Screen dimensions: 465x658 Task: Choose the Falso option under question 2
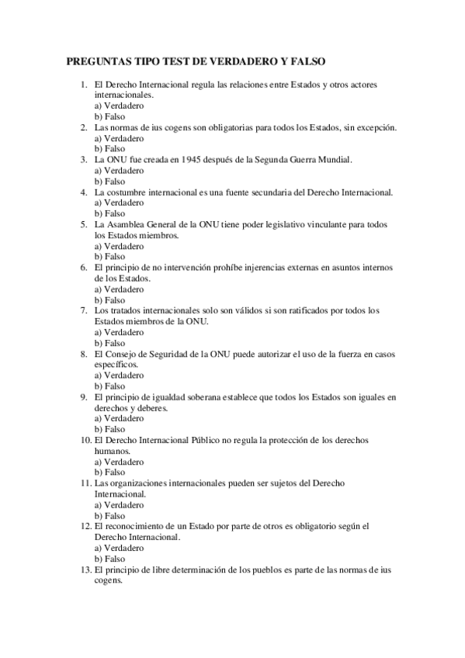tap(109, 148)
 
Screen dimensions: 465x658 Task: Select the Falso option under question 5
tap(109, 256)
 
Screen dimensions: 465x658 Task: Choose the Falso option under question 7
tap(109, 342)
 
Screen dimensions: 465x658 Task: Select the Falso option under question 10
tap(109, 472)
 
